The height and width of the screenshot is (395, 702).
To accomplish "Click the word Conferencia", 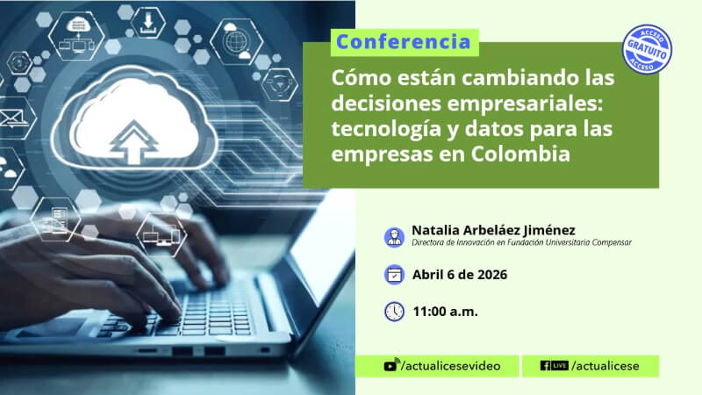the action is pos(404,42).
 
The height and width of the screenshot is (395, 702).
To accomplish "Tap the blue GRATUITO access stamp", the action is pos(647,49).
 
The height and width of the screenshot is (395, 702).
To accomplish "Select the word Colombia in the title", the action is pos(520,154).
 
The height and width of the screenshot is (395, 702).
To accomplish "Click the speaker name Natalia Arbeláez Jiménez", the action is pos(493,230).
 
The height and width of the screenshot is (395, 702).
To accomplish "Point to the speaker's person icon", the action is pos(394,237).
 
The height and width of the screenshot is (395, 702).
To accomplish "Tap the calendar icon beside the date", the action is pos(394,275).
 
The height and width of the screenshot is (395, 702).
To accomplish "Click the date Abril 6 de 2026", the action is pos(460,275).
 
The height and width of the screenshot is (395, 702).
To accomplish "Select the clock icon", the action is pos(394,312).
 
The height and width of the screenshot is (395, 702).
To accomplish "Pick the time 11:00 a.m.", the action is pos(446,312).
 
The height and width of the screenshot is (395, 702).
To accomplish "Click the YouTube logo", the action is pos(390,365).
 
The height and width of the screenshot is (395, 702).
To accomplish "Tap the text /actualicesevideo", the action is pos(451,366).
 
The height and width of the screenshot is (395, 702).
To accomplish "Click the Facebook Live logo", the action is pos(555,365).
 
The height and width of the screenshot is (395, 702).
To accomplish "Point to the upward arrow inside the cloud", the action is pos(134,142).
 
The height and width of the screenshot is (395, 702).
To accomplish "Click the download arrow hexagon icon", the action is pos(147,23).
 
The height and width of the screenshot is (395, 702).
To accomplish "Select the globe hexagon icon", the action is pos(236,42).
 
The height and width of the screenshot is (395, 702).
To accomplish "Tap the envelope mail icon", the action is pos(12,118).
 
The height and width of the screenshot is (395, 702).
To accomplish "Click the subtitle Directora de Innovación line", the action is pos(521,243).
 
